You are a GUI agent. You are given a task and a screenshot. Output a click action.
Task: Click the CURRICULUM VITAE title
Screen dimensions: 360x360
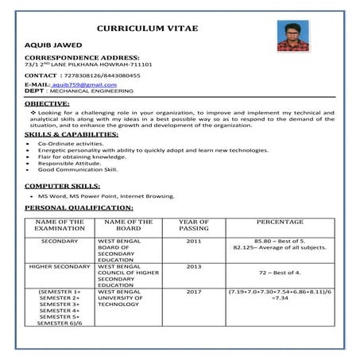(x=148, y=29)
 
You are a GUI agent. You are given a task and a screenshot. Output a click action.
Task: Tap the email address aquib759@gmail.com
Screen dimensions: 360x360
(x=83, y=84)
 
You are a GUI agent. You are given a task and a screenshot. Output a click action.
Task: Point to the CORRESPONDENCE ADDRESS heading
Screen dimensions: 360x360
(x=83, y=58)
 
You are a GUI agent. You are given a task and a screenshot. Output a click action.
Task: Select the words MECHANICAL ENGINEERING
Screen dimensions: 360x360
(x=87, y=91)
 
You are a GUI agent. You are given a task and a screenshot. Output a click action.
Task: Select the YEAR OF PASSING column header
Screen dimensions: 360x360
(x=194, y=225)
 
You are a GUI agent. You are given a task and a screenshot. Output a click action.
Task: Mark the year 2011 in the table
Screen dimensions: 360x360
(x=194, y=240)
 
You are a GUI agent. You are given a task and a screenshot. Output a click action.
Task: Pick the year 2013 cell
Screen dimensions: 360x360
(x=194, y=266)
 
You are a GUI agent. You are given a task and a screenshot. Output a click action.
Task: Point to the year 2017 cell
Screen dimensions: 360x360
(x=194, y=292)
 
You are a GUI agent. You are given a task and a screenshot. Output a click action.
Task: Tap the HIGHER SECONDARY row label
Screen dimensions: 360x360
(x=60, y=266)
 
